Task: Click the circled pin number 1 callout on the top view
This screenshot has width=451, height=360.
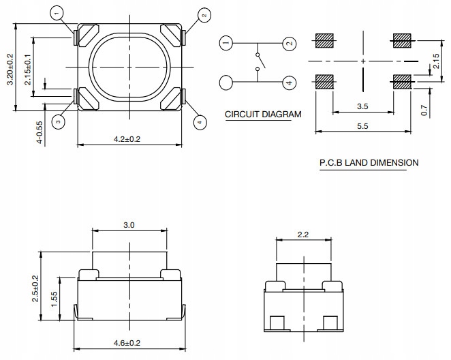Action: click(57, 13)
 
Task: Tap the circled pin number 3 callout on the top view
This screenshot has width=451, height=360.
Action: click(58, 121)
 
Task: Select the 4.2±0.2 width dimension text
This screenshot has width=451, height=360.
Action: click(127, 139)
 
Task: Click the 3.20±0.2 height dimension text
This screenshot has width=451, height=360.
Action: click(10, 69)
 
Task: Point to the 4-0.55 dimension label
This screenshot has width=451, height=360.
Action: click(40, 132)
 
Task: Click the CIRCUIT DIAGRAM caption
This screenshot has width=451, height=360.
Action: click(263, 115)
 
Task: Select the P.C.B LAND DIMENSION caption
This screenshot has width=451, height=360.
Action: click(369, 162)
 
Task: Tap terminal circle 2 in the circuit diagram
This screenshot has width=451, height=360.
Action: click(289, 44)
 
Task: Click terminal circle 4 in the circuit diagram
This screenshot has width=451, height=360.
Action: click(289, 83)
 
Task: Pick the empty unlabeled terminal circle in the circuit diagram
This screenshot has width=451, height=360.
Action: click(226, 83)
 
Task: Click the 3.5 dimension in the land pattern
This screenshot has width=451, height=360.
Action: click(362, 106)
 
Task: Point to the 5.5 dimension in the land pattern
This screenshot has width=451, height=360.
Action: click(362, 126)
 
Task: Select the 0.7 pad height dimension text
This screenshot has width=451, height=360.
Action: click(424, 110)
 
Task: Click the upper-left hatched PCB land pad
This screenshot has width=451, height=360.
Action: click(324, 41)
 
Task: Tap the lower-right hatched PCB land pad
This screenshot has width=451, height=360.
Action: click(402, 82)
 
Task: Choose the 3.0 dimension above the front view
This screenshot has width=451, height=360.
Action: click(129, 225)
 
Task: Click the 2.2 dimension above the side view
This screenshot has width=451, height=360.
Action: click(303, 235)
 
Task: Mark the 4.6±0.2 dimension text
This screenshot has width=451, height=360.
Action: click(127, 343)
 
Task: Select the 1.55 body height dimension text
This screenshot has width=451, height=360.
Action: click(54, 299)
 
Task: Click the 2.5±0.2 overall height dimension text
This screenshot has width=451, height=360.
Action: click(35, 288)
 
